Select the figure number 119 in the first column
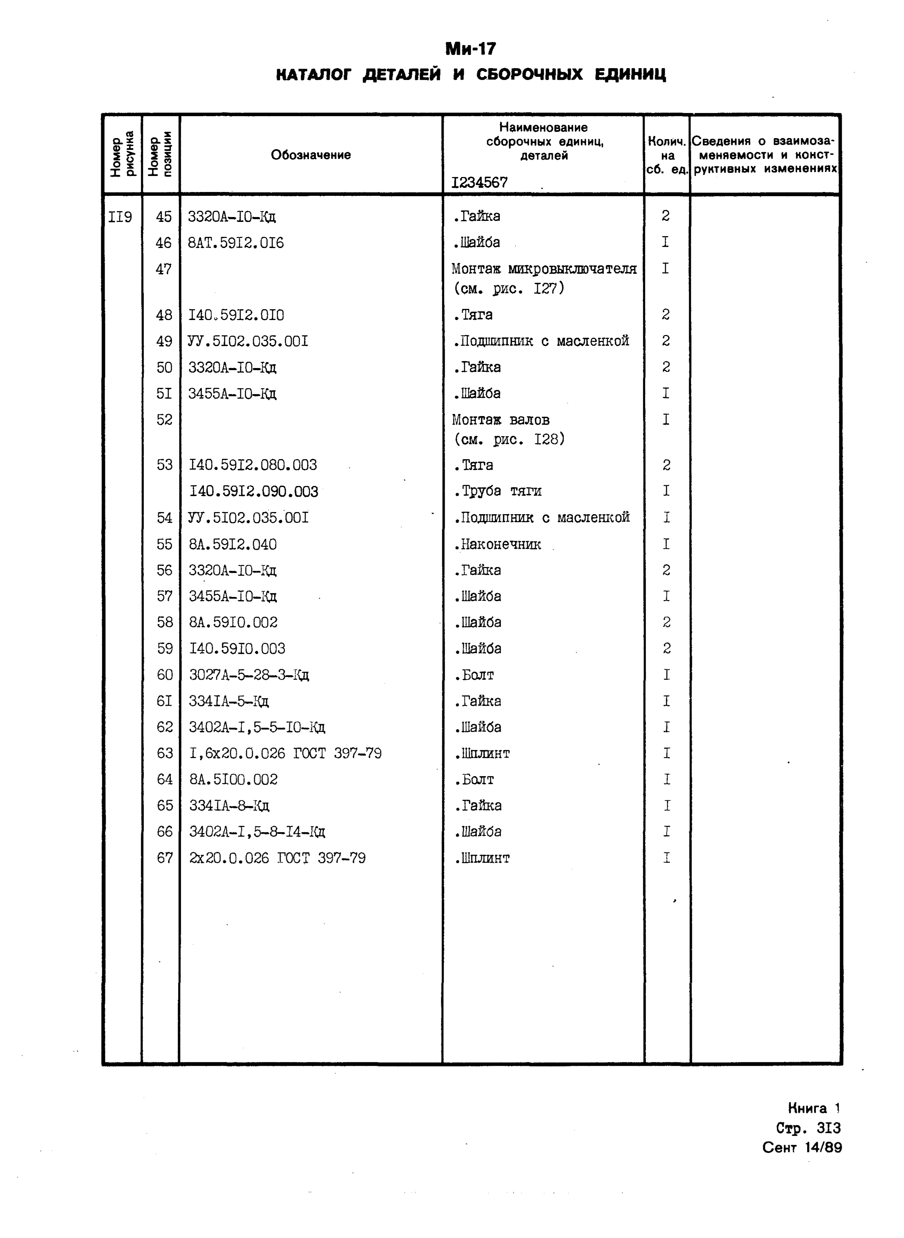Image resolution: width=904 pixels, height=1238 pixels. coord(120,217)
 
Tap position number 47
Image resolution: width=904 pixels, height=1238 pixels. coord(164,269)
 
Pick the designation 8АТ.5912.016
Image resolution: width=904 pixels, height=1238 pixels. coord(236,242)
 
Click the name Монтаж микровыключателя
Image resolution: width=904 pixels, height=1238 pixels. coord(544,269)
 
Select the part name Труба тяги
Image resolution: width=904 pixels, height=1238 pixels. coord(498,491)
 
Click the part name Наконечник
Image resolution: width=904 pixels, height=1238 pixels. coord(498,544)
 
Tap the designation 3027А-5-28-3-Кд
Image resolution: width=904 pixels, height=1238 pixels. coord(249,675)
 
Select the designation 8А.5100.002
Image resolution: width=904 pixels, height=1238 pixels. coord(233,780)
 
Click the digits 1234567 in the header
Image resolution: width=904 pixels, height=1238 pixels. coord(479,182)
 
